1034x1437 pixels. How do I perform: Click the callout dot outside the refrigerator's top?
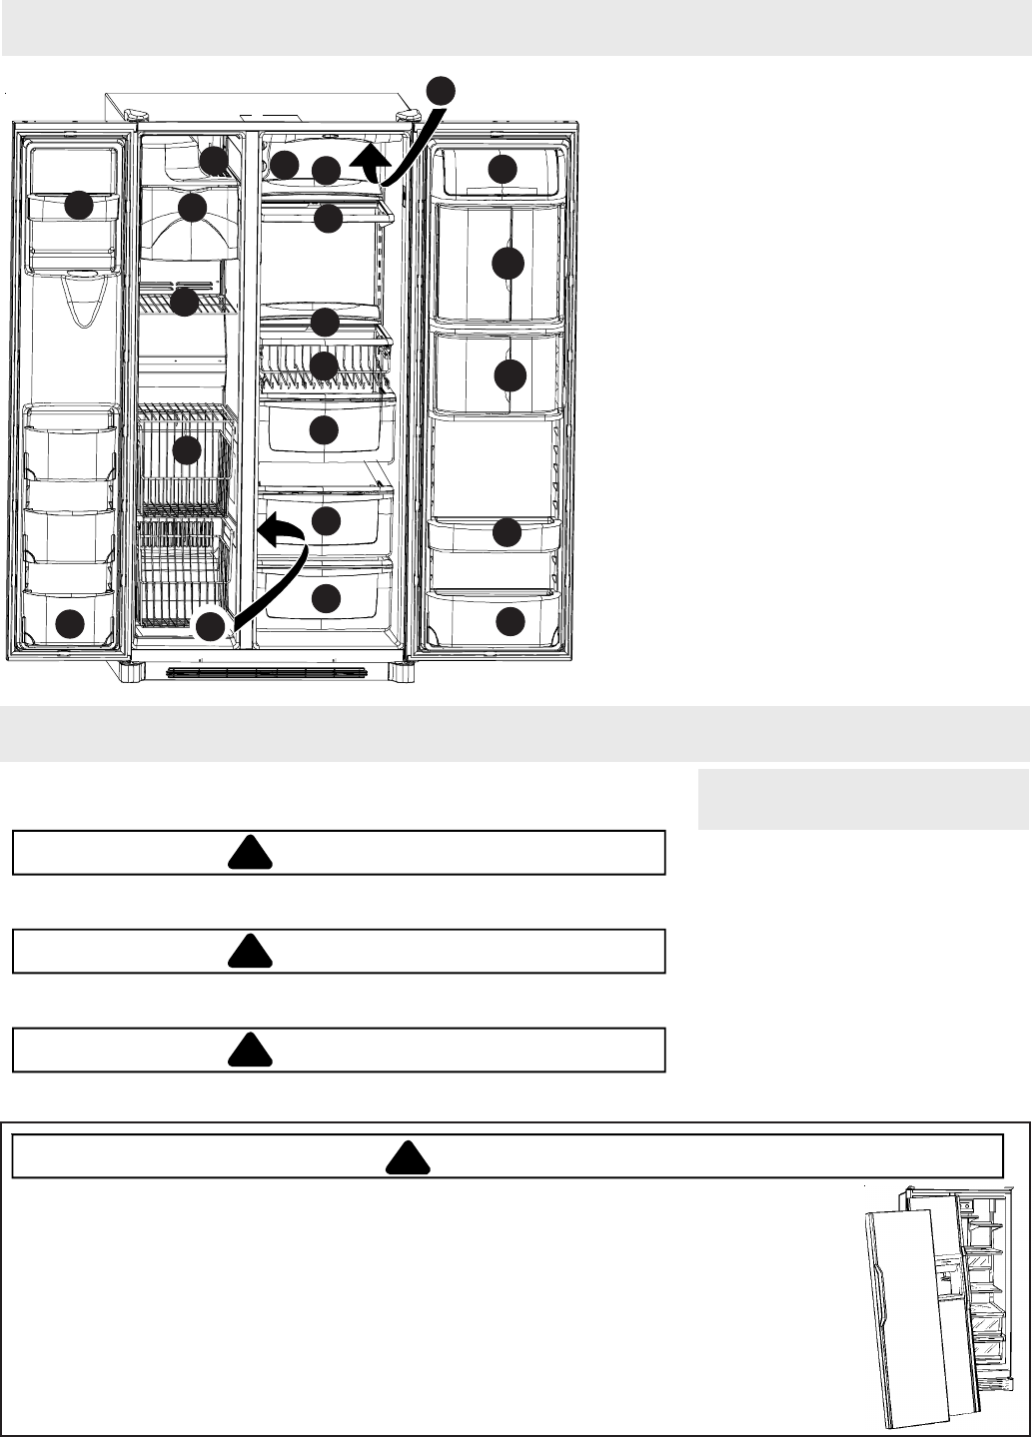tap(441, 90)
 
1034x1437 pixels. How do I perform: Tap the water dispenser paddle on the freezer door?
tap(82, 297)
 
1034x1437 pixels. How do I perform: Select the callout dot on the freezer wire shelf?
tap(184, 302)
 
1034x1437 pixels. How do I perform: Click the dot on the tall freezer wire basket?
tap(187, 451)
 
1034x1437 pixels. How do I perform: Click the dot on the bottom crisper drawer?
tap(325, 598)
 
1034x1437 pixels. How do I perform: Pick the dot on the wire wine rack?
tap(324, 365)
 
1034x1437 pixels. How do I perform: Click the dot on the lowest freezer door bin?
tap(69, 625)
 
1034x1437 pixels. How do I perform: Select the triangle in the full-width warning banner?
tap(407, 1156)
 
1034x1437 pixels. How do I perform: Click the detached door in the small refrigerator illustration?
tap(904, 1318)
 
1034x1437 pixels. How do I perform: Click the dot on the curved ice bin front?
tap(192, 209)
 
